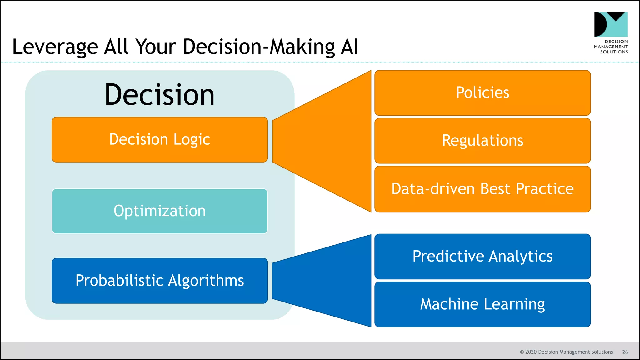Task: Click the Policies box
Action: [x=482, y=93]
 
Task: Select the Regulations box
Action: [x=482, y=141]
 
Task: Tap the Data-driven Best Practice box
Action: [x=482, y=189]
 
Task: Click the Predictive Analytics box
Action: [x=482, y=256]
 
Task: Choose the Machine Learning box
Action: [x=482, y=304]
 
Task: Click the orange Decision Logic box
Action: [x=160, y=139]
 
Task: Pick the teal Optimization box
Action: [x=160, y=211]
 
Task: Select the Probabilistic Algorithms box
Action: [x=160, y=281]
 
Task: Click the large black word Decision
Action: [x=160, y=95]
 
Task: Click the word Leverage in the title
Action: [x=55, y=47]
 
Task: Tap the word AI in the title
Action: [x=349, y=47]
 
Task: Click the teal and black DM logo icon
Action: [x=611, y=24]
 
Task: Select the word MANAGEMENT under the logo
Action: [x=611, y=47]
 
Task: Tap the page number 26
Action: [x=625, y=352]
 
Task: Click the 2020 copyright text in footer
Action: [x=566, y=352]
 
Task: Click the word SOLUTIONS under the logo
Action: [x=614, y=52]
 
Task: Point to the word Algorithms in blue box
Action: [x=206, y=281]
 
